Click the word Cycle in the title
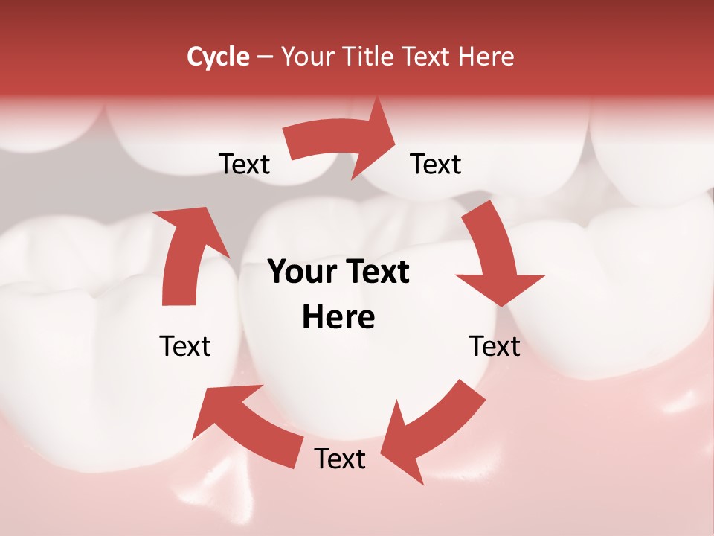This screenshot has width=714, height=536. point(218,57)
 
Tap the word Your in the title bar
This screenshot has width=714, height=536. point(306,57)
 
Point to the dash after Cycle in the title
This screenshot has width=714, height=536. point(265,57)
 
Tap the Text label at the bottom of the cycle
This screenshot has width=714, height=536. point(340,459)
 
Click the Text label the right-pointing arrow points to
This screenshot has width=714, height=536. point(436,164)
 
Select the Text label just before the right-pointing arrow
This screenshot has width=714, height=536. point(244,164)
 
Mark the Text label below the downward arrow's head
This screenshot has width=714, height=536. point(495,346)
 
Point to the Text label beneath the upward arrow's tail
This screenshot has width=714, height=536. point(185,346)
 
